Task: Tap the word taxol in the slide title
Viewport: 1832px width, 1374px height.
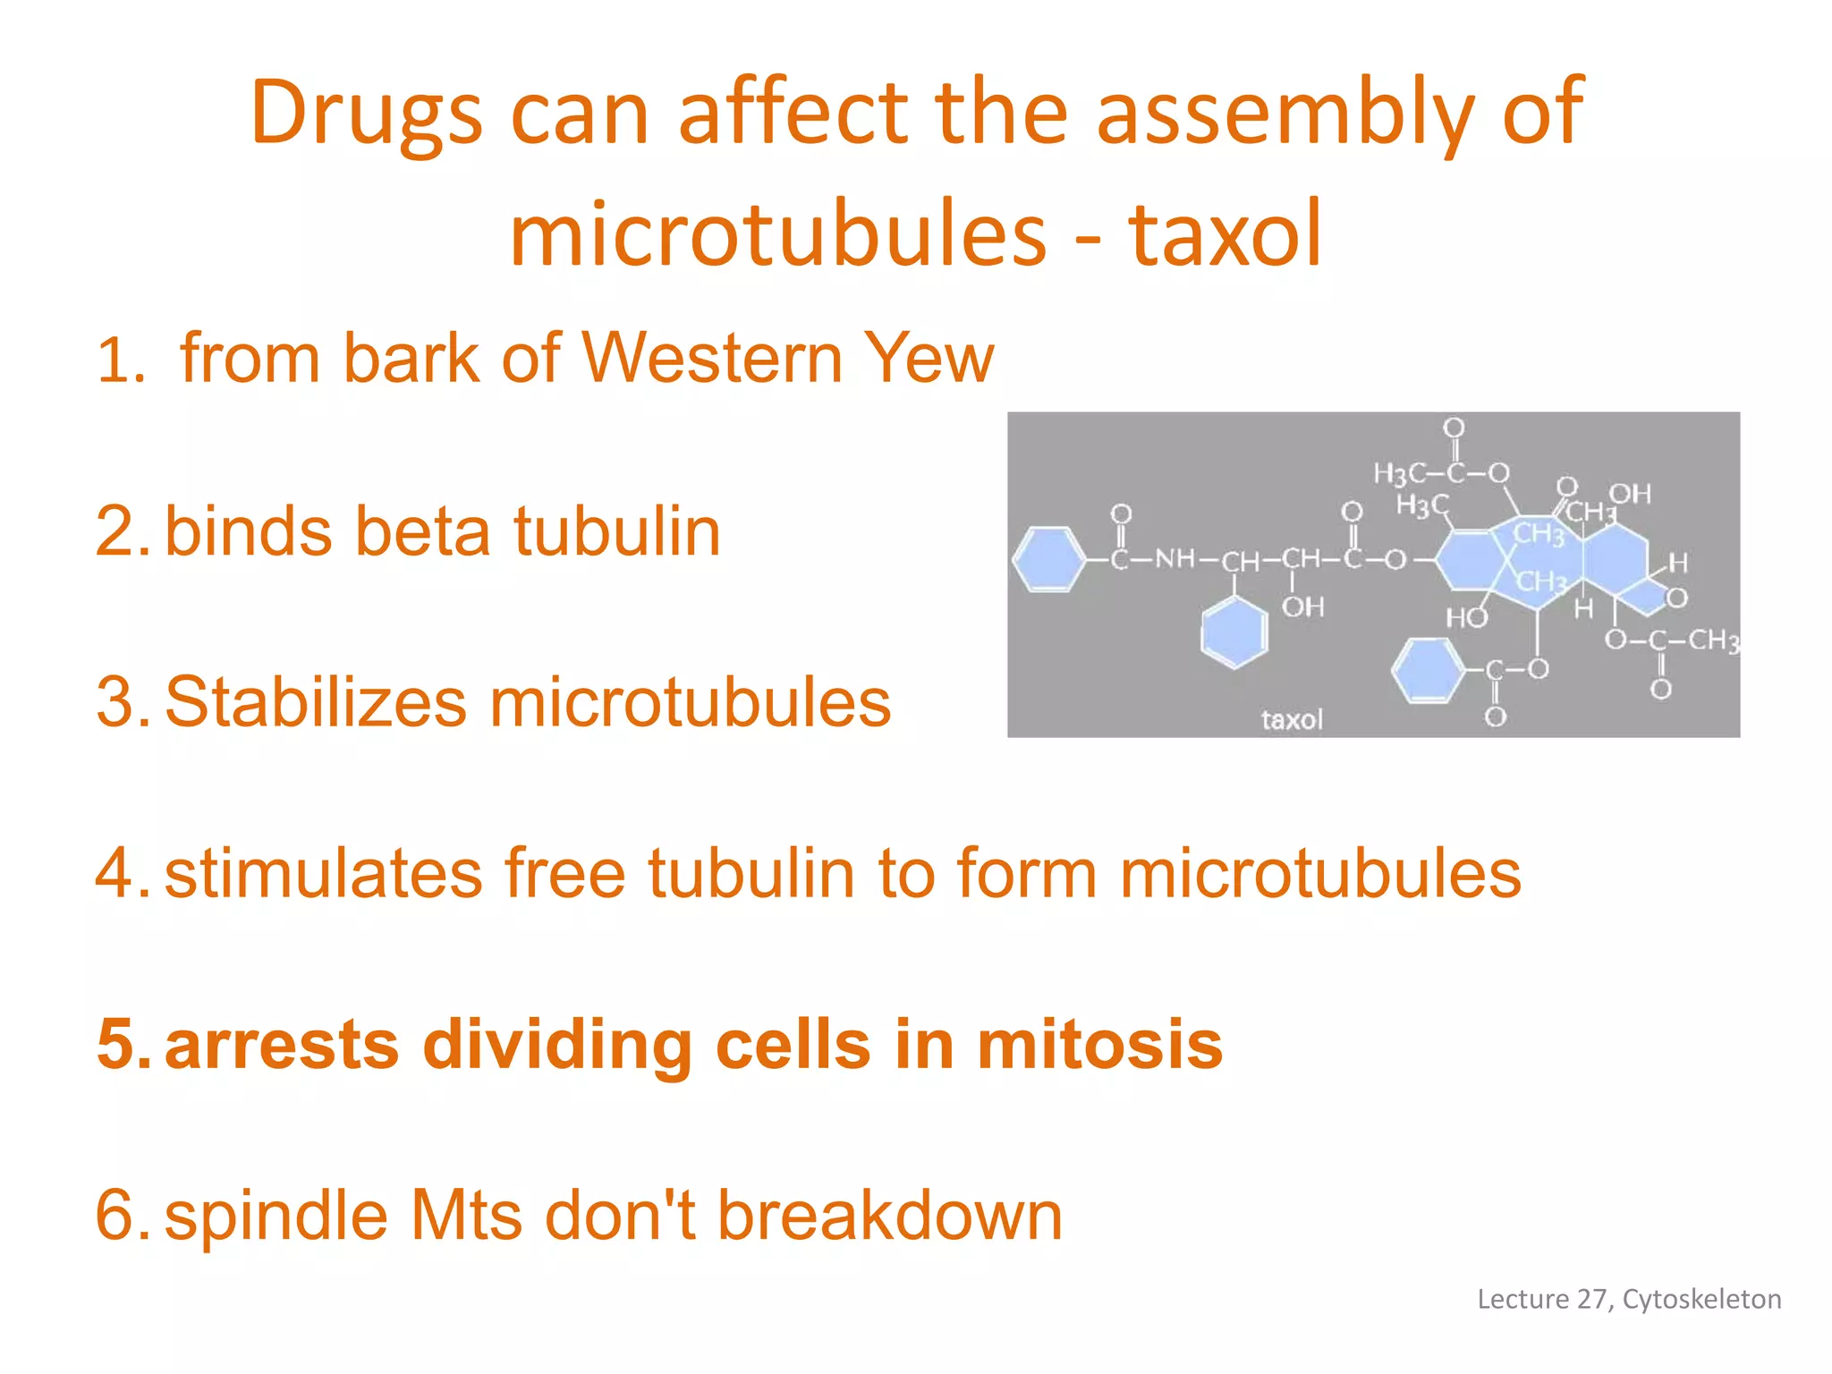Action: pos(1224,234)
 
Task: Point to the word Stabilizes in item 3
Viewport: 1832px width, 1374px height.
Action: pos(315,702)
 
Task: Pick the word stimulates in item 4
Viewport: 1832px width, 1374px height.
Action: pos(323,873)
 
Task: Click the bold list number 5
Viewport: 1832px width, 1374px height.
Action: pos(123,1044)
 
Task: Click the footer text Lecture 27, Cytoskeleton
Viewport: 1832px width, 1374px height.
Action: pos(1628,1299)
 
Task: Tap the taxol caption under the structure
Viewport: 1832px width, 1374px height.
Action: pos(1291,719)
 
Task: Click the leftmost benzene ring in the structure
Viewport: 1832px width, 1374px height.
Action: pos(1047,560)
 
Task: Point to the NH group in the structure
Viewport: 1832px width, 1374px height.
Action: pos(1175,559)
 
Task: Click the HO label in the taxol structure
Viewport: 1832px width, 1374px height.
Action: pos(1465,617)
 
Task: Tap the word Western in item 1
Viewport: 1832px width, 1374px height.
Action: pos(712,358)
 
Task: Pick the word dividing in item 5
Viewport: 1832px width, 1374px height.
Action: pos(556,1044)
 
